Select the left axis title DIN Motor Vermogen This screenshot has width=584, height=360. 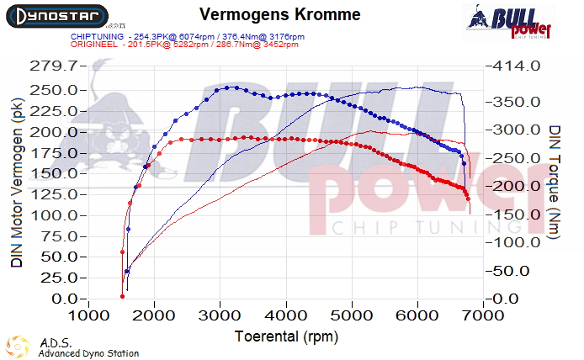[17, 182]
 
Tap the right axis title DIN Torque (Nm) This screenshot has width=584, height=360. [555, 182]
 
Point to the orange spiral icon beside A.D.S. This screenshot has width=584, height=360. [17, 347]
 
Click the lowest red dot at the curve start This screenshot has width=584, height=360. [122, 295]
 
